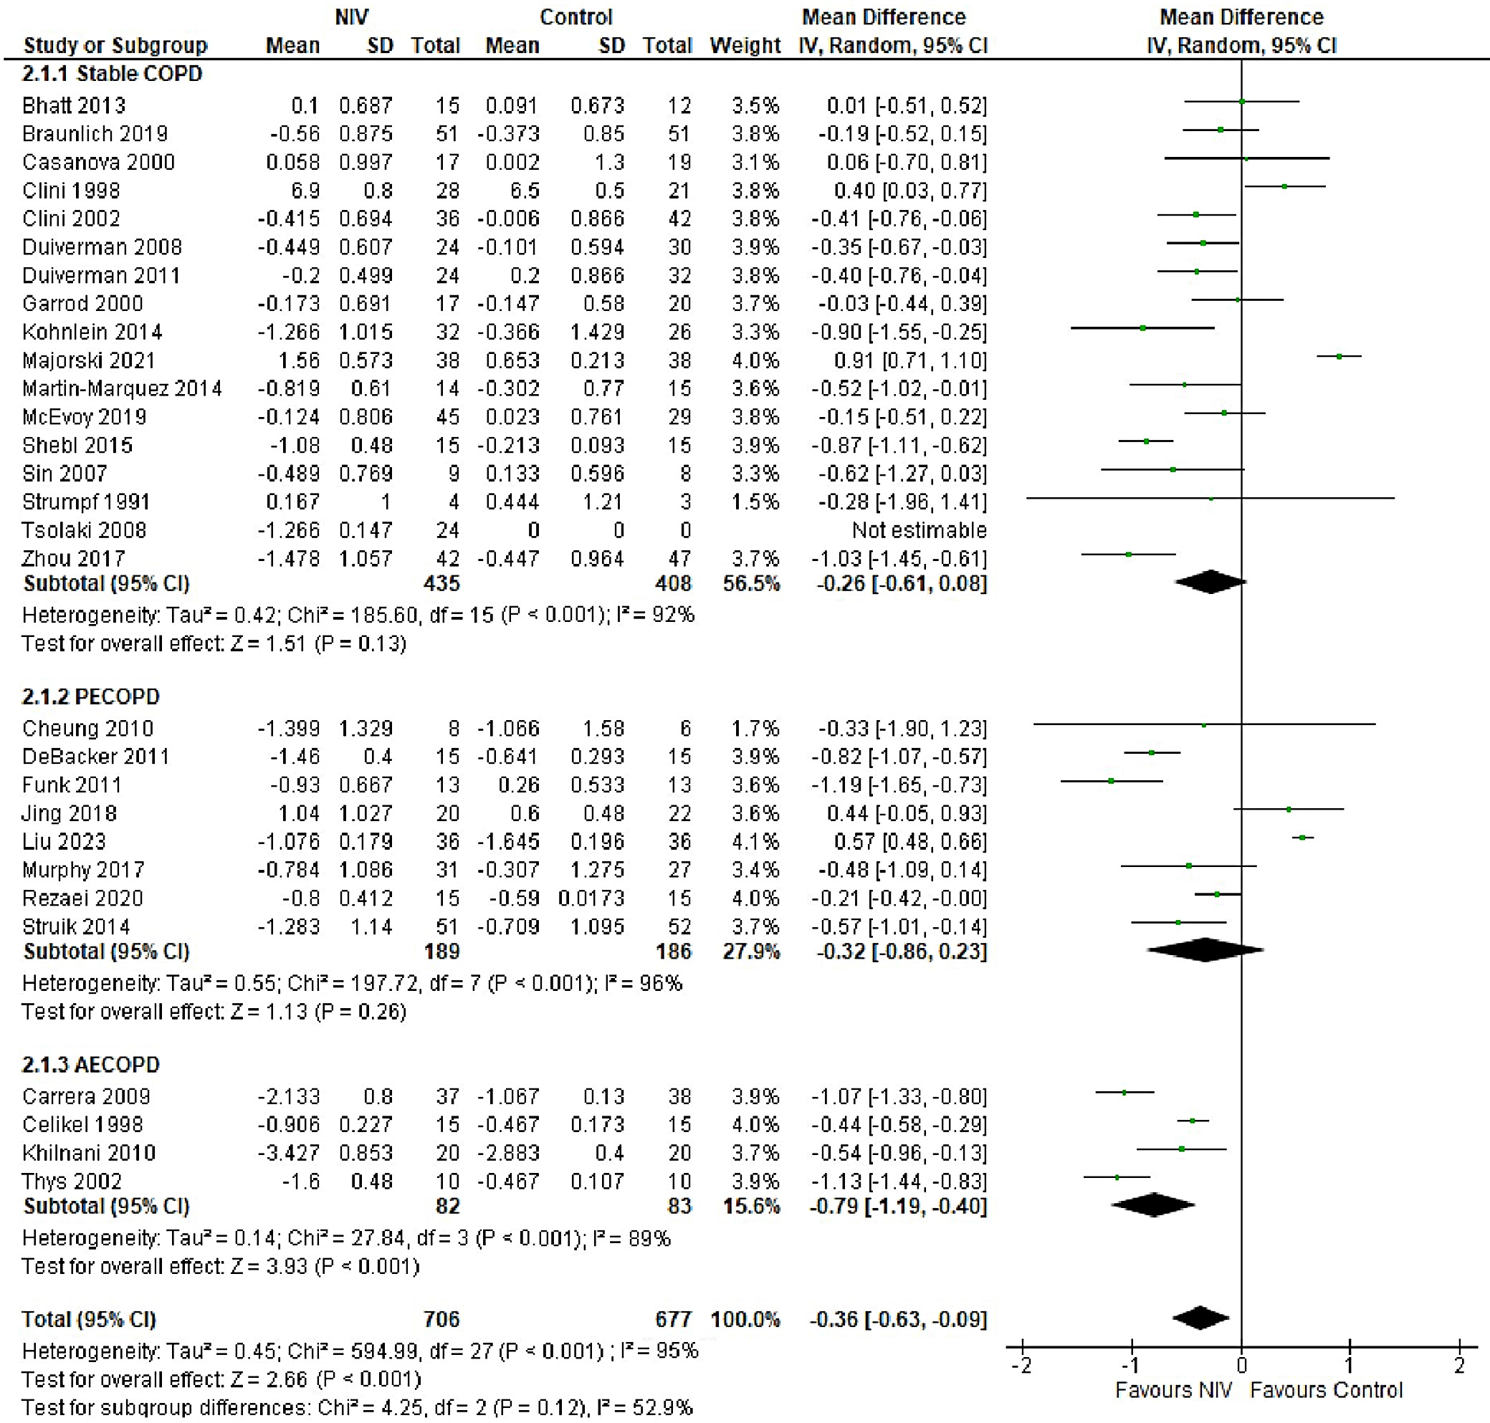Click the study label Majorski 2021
[89, 360]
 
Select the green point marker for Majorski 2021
[1339, 355]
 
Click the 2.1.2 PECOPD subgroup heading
[91, 696]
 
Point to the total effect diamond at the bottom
[1200, 1318]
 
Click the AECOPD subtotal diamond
[1153, 1204]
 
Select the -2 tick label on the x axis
[1021, 1366]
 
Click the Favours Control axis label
[1326, 1389]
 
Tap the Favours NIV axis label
[1174, 1389]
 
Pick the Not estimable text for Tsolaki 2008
[919, 530]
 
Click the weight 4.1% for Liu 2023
[755, 841]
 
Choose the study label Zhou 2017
[74, 559]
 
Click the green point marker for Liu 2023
[1303, 838]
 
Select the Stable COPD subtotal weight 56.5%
[751, 583]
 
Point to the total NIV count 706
[441, 1319]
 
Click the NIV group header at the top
[351, 16]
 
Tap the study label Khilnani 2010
[89, 1153]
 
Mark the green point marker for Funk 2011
[1112, 780]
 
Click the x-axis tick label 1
[1350, 1366]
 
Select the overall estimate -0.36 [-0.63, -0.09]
[898, 1319]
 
